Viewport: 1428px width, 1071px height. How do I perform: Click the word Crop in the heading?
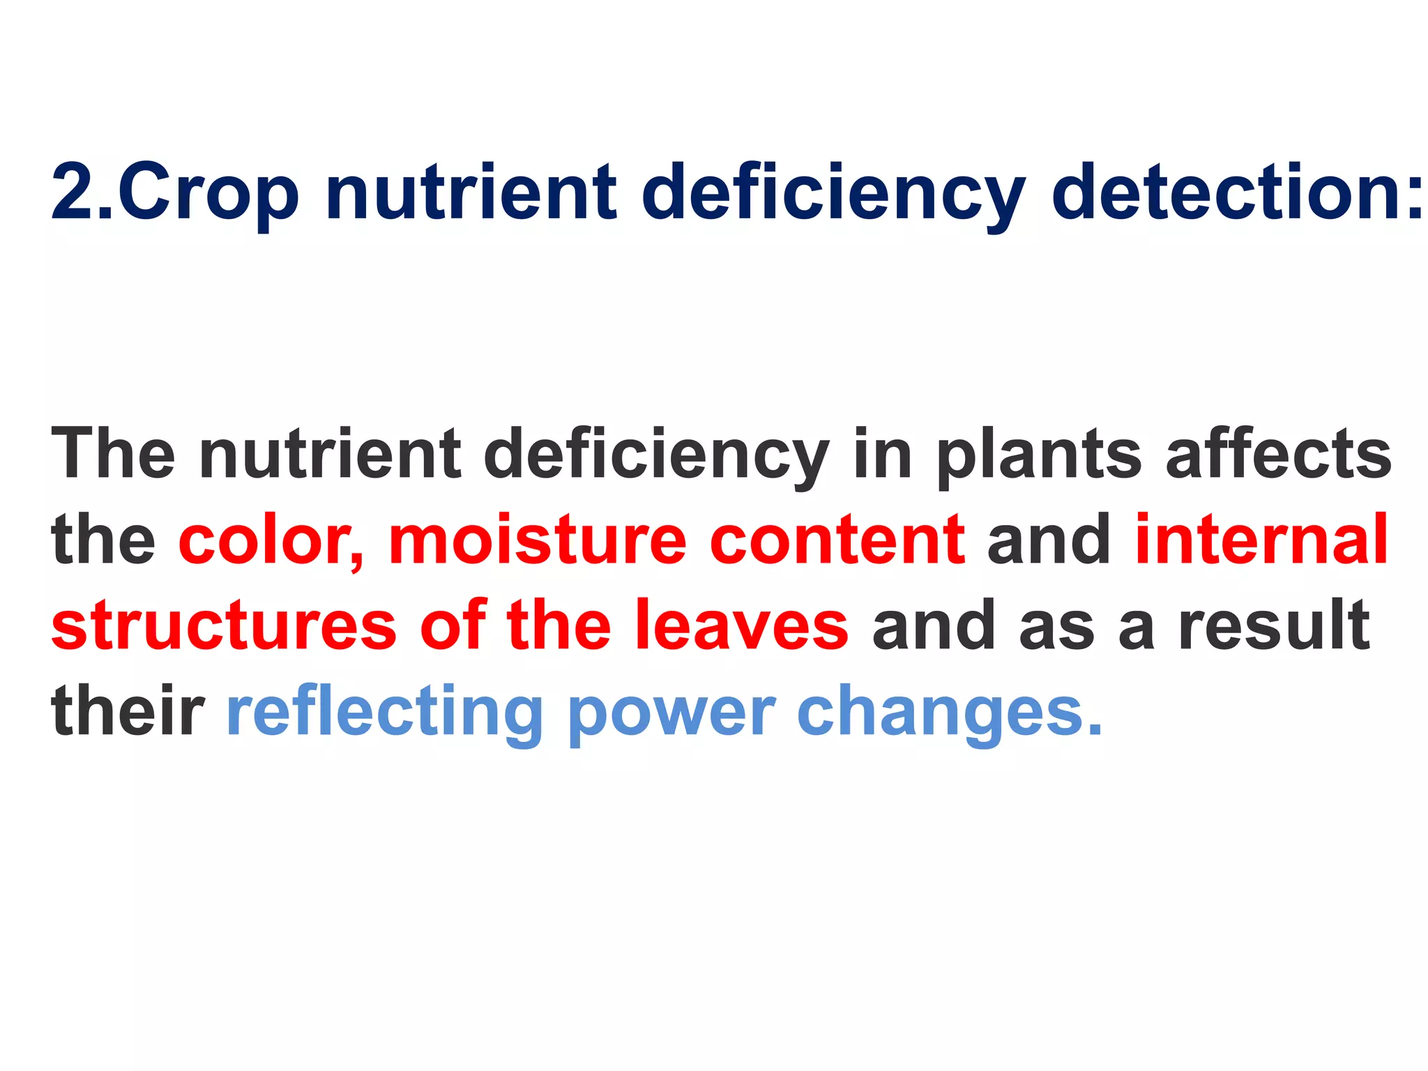click(x=208, y=192)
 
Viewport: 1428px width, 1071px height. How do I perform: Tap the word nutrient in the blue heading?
click(x=471, y=192)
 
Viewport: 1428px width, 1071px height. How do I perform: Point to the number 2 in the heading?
click(x=73, y=192)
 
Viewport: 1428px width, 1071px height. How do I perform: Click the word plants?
click(x=1039, y=457)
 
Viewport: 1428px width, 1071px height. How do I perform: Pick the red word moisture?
click(x=538, y=540)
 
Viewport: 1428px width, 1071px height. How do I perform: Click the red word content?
click(x=837, y=540)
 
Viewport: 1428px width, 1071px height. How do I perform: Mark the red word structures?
click(x=224, y=625)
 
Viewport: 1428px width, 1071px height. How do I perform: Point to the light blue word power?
click(x=671, y=715)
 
